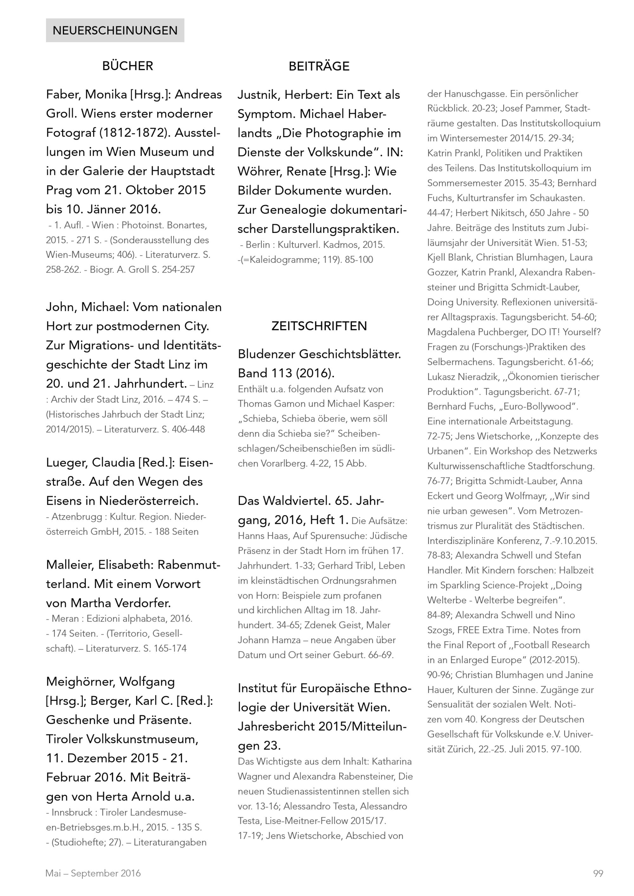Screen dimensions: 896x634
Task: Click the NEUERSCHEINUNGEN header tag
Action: tap(115, 30)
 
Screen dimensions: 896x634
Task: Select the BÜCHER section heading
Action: tap(128, 66)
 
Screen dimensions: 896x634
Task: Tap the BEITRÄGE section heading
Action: tap(319, 66)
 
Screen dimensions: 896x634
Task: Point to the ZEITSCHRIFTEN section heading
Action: tap(319, 326)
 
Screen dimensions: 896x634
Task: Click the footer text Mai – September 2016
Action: tap(93, 874)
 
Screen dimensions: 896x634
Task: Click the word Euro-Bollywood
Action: tap(535, 406)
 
